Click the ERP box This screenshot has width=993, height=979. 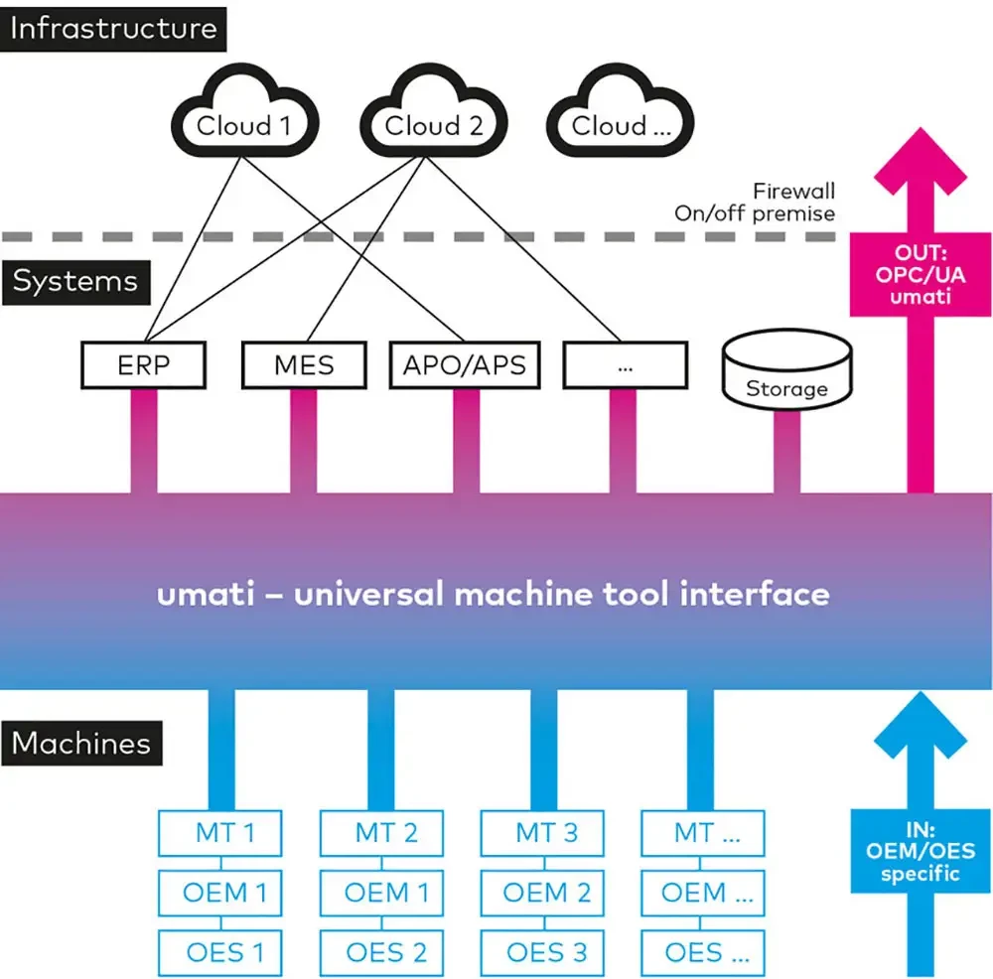tap(143, 364)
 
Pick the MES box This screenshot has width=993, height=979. tap(305, 364)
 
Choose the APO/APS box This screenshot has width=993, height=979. tap(465, 364)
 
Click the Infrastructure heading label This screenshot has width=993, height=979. tap(113, 27)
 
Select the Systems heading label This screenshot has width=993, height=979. tap(75, 281)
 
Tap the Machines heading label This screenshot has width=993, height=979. tap(81, 743)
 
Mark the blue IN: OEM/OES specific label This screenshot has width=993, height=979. tap(907, 850)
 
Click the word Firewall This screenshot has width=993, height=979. tap(793, 191)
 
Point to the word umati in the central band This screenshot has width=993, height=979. tap(199, 594)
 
